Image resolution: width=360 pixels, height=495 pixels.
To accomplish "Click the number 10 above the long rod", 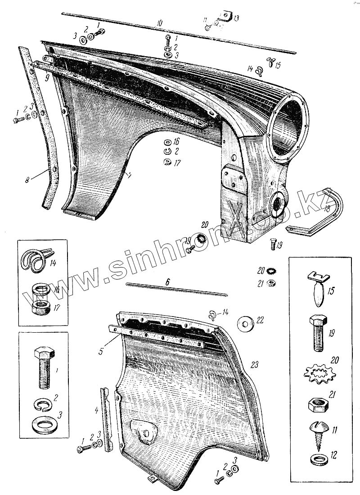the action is coord(159,22).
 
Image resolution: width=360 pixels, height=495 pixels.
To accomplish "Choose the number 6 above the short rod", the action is coord(167,282).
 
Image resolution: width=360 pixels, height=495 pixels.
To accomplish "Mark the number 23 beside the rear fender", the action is coord(254,365).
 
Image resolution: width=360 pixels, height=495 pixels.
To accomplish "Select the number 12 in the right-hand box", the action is coord(333,455).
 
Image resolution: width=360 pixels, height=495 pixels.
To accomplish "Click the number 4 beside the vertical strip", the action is coord(96,410).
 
